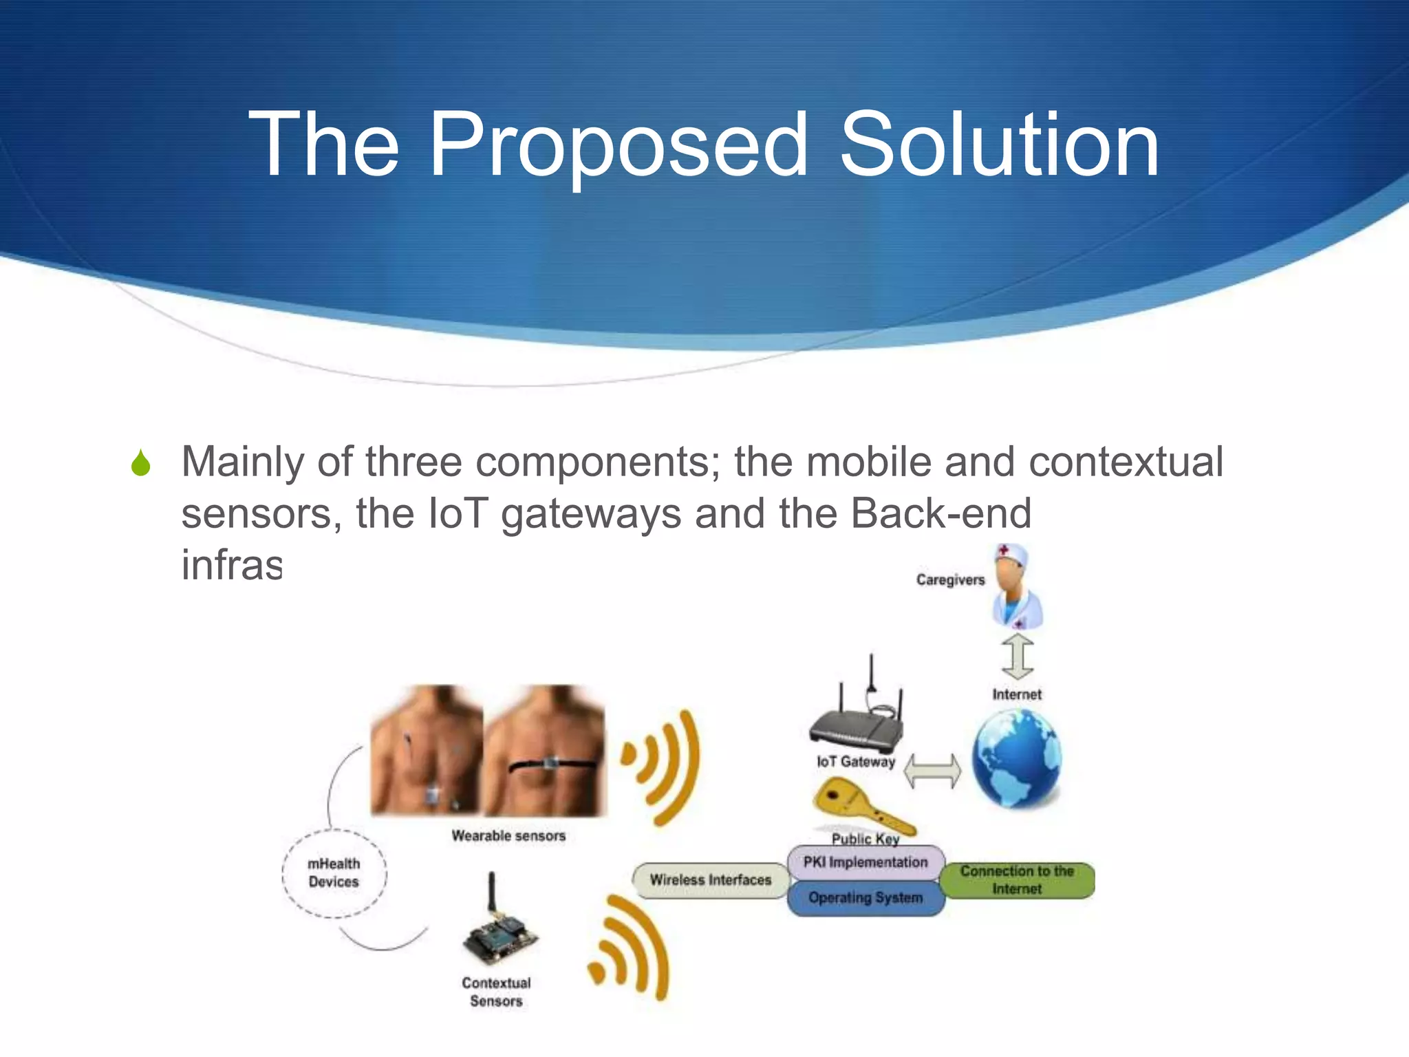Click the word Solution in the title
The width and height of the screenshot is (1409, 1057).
[999, 146]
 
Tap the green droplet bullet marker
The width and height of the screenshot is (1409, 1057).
[141, 463]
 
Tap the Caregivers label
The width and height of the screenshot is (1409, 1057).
[950, 580]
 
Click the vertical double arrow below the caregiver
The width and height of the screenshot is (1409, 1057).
[1018, 656]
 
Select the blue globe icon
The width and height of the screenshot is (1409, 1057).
[1017, 758]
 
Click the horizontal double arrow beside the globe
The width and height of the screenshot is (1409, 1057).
[932, 771]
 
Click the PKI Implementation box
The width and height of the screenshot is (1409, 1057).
[865, 862]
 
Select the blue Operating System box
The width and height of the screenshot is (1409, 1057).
[865, 898]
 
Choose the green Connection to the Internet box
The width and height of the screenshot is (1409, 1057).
[1017, 880]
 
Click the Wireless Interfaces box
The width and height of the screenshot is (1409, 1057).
[711, 880]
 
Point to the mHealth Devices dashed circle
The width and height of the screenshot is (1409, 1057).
[334, 873]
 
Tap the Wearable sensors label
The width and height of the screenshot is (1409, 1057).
[508, 836]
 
